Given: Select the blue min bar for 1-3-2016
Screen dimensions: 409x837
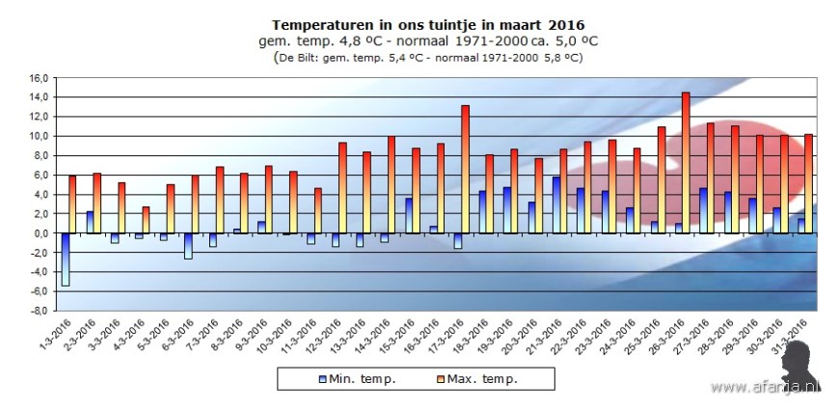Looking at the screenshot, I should coord(65,259).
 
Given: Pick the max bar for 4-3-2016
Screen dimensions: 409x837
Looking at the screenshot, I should coord(146,220).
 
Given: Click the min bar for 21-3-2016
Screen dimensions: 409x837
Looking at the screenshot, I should coord(555,204).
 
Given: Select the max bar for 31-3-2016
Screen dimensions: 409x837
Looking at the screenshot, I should coord(808,183).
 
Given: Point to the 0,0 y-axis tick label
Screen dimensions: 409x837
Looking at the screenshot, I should coord(39,233).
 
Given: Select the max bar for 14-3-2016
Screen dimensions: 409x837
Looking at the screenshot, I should coord(391,184).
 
